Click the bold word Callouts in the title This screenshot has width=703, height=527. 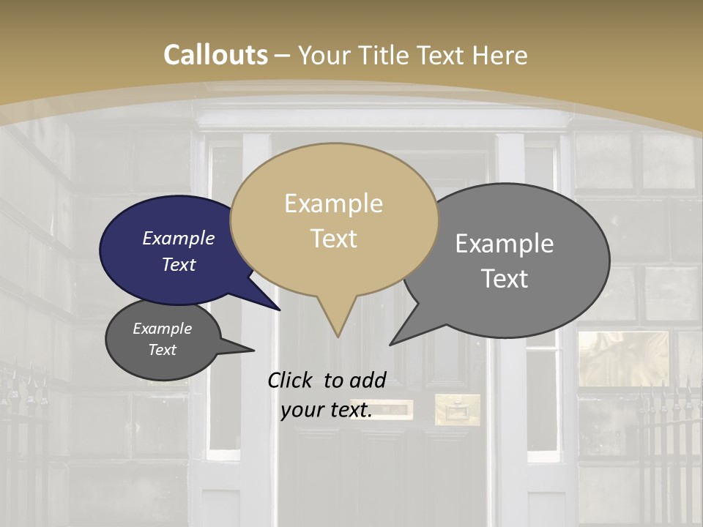click(x=215, y=55)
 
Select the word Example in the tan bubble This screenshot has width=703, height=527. click(x=333, y=203)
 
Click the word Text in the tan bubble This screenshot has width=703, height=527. click(x=334, y=239)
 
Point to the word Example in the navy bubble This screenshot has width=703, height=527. click(x=178, y=238)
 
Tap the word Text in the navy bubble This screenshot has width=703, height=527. click(x=179, y=264)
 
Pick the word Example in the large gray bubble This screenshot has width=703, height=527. click(x=505, y=244)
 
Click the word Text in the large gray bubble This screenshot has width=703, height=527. click(x=505, y=279)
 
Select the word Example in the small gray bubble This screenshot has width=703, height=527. click(x=162, y=329)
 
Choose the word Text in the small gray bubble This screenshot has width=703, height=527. click(x=162, y=350)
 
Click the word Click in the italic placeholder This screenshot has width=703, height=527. click(x=291, y=380)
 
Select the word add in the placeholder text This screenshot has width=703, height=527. click(x=368, y=380)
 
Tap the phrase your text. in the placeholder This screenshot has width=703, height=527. click(x=327, y=411)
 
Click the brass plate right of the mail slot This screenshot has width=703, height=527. click(x=458, y=410)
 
